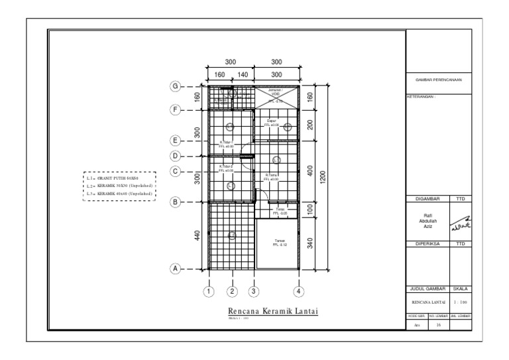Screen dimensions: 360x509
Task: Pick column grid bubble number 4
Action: (299, 290)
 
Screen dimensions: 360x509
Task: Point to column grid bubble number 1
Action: (209, 290)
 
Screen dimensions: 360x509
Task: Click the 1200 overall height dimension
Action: (321, 178)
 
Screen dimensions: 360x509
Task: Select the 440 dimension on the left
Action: (197, 235)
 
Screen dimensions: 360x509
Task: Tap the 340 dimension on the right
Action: (310, 243)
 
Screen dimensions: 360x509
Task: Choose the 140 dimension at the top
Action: (243, 75)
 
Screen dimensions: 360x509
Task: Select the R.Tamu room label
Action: (271, 177)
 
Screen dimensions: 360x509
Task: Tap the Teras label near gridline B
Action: (279, 211)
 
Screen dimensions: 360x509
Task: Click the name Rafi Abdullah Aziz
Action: (427, 221)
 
